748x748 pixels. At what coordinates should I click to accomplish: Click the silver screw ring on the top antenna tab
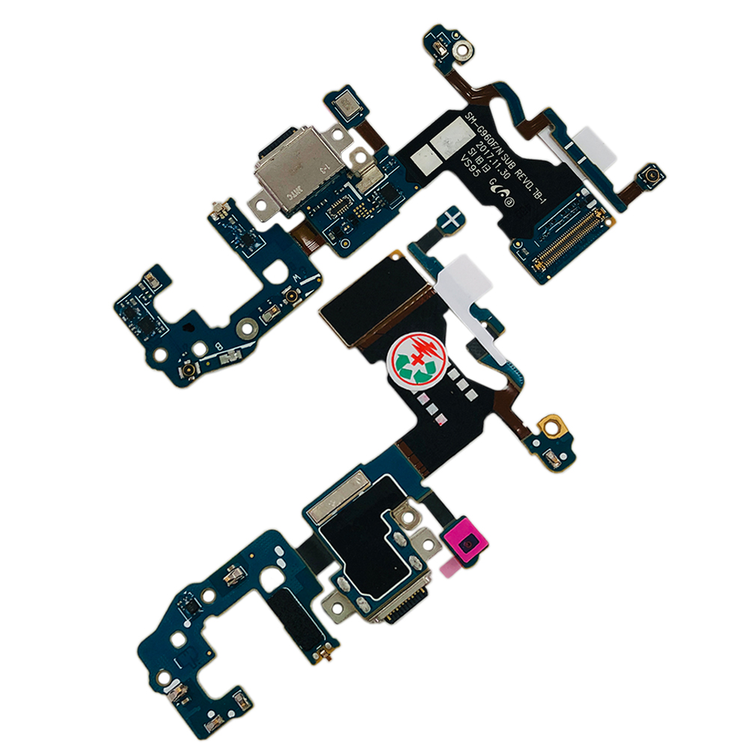[464, 52]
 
